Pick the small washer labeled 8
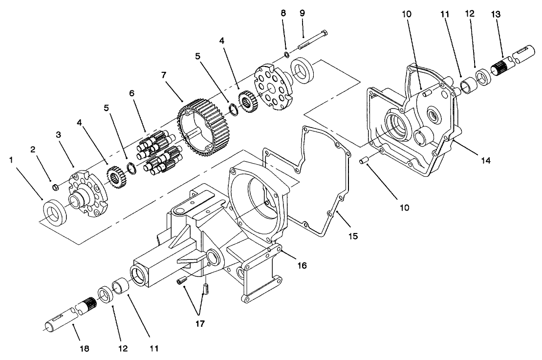click(285, 54)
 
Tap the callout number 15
click(352, 236)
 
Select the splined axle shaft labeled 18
click(68, 315)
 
